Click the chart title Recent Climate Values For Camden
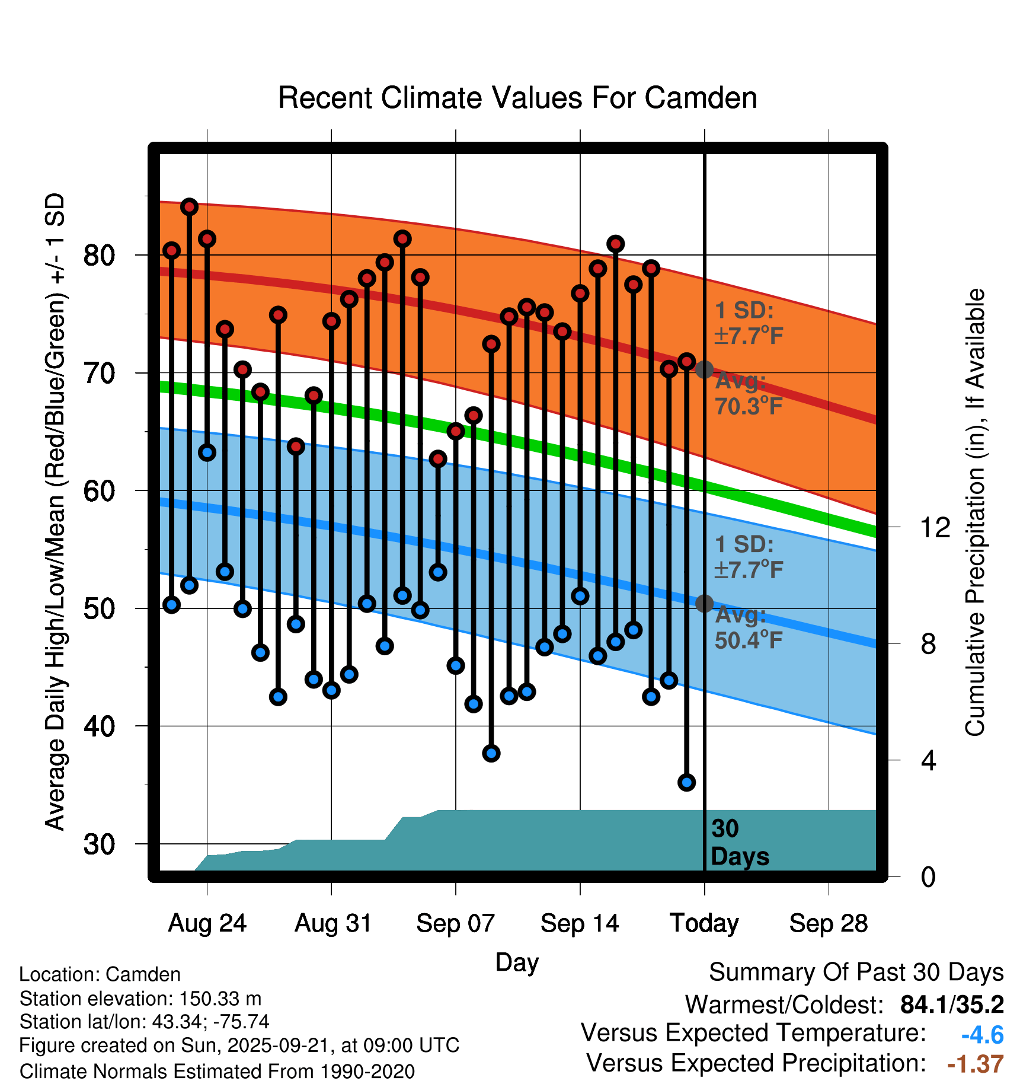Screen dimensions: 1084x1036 [517, 98]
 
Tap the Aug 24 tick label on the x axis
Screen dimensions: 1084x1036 [207, 923]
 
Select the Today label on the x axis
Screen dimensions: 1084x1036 [704, 923]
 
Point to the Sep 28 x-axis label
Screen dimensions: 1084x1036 [828, 923]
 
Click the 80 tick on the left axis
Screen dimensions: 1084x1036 [99, 256]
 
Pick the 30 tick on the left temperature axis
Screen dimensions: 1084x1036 [99, 844]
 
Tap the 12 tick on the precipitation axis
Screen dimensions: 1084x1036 [935, 527]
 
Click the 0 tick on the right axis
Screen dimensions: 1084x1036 [928, 876]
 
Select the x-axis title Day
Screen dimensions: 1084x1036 [517, 962]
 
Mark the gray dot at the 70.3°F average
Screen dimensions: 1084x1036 [704, 369]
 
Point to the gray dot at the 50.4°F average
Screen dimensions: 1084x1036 [704, 604]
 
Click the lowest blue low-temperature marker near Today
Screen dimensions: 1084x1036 [686, 782]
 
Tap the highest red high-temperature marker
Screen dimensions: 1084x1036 [189, 207]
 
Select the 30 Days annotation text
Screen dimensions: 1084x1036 [739, 843]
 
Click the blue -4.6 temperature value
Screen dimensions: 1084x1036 [982, 1035]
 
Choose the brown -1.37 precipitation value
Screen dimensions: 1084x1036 [976, 1064]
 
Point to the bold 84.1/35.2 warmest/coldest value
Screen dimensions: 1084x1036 [952, 1005]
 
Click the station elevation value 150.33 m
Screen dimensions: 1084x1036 [220, 999]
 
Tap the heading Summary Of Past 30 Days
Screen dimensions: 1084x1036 [856, 973]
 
